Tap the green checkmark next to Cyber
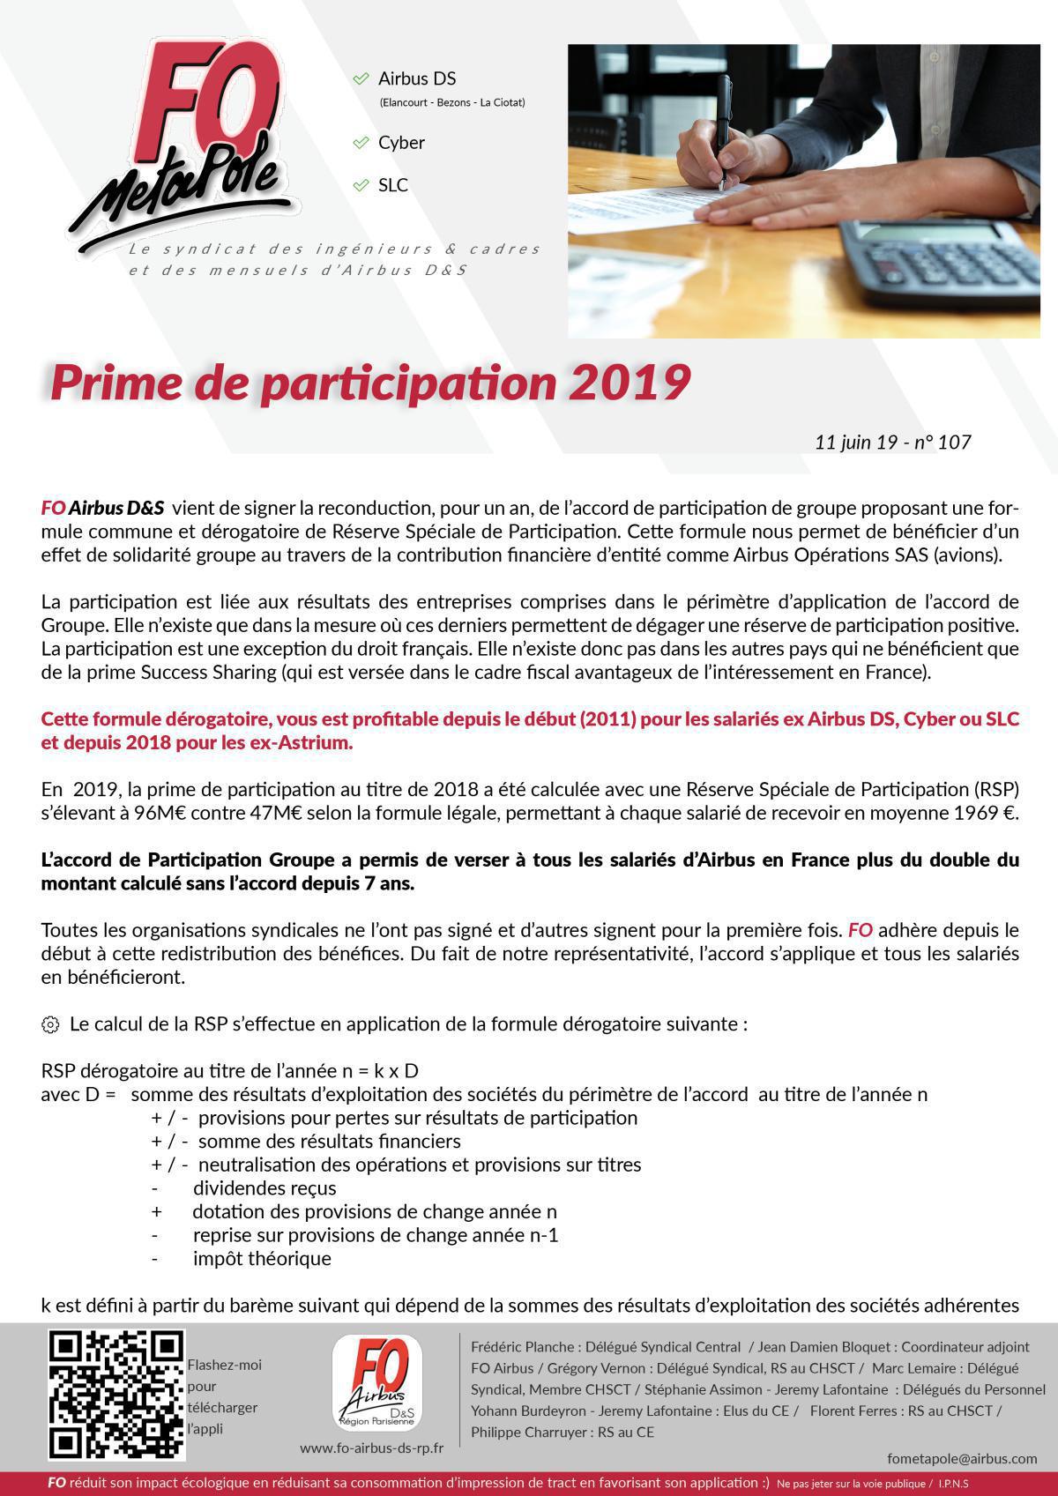click(x=361, y=143)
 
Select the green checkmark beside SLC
click(x=361, y=185)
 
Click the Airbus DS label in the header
click(x=417, y=78)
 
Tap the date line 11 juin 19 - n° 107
click(x=892, y=442)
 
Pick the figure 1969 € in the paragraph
click(x=984, y=813)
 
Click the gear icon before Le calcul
click(x=50, y=1024)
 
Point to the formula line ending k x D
click(x=229, y=1071)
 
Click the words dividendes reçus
click(x=264, y=1188)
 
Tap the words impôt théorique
click(x=262, y=1259)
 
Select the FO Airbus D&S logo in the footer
click(x=376, y=1385)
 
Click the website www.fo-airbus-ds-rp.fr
click(x=371, y=1448)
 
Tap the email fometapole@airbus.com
click(x=962, y=1459)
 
